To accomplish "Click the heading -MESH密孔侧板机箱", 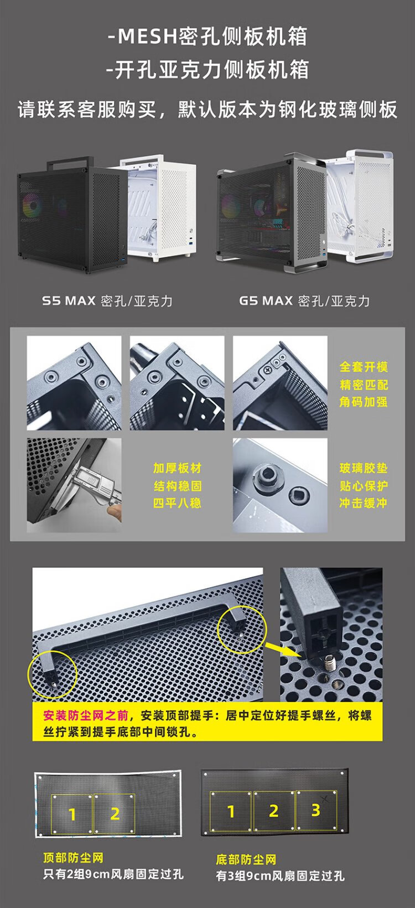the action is point(207,37).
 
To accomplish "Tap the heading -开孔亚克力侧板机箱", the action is point(207,69).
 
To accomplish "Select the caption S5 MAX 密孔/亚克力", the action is point(107,301).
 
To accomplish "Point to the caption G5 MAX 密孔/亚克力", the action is point(304,301).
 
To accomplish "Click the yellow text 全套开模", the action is point(364,367).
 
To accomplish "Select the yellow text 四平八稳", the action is point(177,503).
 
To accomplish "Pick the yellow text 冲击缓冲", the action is point(364,503).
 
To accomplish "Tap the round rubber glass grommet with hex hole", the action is point(267,476).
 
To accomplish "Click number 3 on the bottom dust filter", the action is point(316,810).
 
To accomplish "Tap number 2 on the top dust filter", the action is point(115,813).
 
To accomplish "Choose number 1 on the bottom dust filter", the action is point(231,812).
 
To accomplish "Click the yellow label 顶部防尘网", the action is point(74,858).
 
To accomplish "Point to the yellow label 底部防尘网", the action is point(246,860).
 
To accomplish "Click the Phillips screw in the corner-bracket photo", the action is point(268,370).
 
